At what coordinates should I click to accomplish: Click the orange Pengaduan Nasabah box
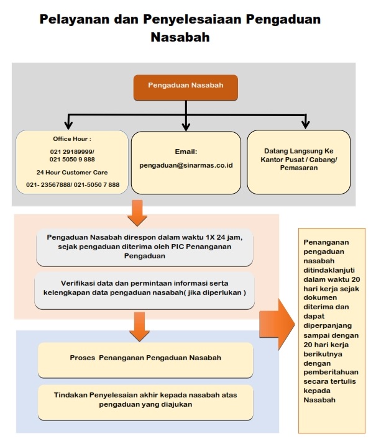(186, 88)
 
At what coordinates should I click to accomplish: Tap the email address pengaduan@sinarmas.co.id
(186, 165)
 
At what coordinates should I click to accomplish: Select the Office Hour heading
(72, 138)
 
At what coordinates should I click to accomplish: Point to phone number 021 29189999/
(72, 152)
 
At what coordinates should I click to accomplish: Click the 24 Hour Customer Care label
(72, 172)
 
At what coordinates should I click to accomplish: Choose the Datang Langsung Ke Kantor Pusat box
(299, 162)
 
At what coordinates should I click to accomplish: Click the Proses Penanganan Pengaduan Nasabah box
(145, 360)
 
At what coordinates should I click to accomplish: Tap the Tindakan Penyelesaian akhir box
(145, 402)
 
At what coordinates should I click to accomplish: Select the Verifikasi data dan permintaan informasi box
(145, 291)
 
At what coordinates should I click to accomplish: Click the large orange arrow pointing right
(277, 324)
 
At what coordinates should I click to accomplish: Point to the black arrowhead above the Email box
(186, 127)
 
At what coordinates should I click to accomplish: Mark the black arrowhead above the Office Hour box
(68, 125)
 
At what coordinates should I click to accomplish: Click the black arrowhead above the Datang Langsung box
(305, 125)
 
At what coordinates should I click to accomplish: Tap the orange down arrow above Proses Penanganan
(139, 327)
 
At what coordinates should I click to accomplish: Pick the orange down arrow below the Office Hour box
(137, 213)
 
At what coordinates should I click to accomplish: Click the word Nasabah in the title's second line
(180, 37)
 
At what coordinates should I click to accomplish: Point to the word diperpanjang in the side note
(328, 325)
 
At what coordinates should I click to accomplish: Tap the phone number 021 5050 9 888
(72, 160)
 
